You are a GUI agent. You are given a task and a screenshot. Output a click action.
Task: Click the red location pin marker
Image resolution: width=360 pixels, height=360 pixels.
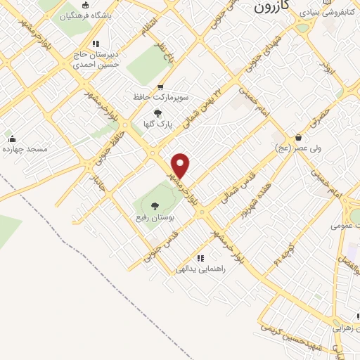click(181, 166)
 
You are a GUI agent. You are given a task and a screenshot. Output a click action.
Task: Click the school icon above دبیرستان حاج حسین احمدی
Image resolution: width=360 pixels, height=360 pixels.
click(96, 44)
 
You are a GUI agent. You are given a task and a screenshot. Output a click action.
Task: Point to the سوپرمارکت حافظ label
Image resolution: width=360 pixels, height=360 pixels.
click(160, 98)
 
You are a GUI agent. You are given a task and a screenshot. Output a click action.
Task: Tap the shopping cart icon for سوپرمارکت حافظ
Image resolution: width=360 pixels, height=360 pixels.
click(160, 87)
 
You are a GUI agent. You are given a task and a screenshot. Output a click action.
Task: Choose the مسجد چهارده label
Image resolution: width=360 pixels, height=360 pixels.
click(24, 149)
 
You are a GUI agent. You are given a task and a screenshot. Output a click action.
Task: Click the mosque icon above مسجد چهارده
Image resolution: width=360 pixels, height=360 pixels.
click(11, 138)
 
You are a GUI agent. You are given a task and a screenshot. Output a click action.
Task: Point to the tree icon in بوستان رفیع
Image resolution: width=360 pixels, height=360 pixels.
click(155, 206)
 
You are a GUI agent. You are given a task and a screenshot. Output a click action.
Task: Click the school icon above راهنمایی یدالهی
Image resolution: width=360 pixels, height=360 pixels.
click(200, 257)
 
